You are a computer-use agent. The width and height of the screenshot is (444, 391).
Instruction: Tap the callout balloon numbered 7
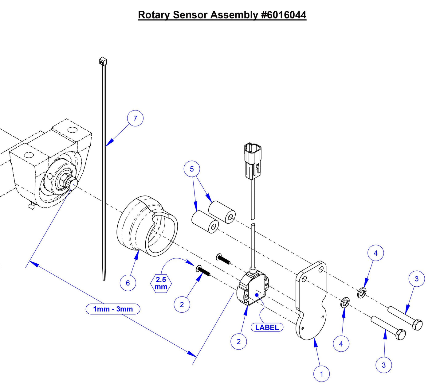click(135, 118)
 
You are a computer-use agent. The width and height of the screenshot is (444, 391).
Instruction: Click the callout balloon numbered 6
click(128, 283)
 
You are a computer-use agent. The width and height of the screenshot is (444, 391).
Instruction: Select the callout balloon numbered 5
click(192, 169)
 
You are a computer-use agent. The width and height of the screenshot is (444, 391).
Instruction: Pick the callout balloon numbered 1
click(321, 374)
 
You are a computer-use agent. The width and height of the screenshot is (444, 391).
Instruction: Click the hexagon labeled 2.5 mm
click(161, 283)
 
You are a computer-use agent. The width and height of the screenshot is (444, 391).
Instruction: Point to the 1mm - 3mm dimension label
click(113, 309)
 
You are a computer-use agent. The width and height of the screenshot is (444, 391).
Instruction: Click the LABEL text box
click(267, 327)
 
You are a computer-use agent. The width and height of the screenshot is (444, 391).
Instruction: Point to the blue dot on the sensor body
click(257, 295)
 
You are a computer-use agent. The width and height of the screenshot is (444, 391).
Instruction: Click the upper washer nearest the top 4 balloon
click(362, 292)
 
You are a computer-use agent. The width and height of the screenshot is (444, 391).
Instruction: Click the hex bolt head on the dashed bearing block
click(72, 184)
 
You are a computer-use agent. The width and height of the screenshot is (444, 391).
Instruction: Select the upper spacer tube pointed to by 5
click(222, 212)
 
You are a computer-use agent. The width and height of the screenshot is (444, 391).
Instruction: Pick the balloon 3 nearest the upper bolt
click(417, 279)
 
